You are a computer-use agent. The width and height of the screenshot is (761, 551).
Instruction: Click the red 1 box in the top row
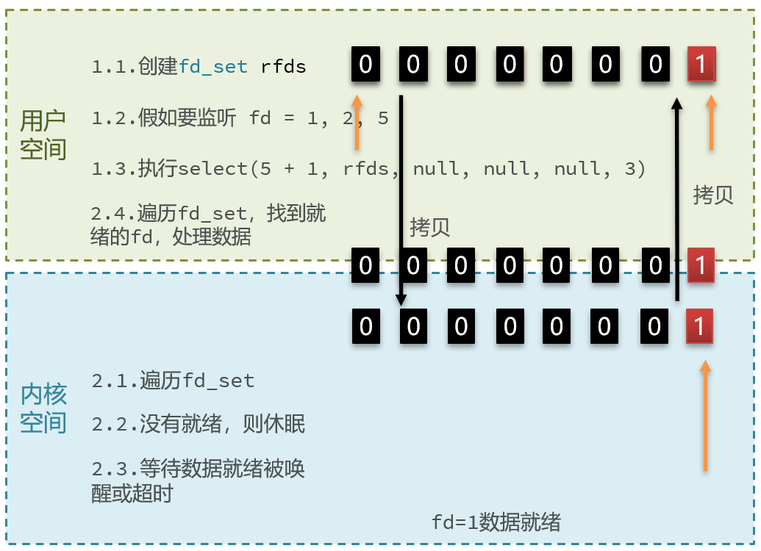701,64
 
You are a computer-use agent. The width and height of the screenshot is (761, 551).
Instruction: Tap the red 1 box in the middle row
701,264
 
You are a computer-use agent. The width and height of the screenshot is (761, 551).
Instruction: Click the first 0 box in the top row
365,64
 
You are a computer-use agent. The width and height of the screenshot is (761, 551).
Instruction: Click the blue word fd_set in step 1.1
213,67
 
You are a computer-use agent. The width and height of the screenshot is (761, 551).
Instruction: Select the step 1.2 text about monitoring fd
240,118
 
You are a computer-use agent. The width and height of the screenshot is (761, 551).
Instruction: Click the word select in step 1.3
213,170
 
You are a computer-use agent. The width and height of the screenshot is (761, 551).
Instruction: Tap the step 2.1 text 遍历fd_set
173,381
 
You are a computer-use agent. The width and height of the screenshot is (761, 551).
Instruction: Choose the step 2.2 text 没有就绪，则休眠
199,424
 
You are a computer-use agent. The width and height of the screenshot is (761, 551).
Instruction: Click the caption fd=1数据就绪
496,522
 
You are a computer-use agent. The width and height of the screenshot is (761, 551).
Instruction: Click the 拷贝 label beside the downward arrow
430,227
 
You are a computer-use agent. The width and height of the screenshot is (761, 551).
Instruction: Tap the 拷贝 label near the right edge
713,195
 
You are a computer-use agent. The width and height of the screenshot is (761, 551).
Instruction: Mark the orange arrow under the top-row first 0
357,122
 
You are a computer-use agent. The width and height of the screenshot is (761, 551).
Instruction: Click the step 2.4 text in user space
209,226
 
